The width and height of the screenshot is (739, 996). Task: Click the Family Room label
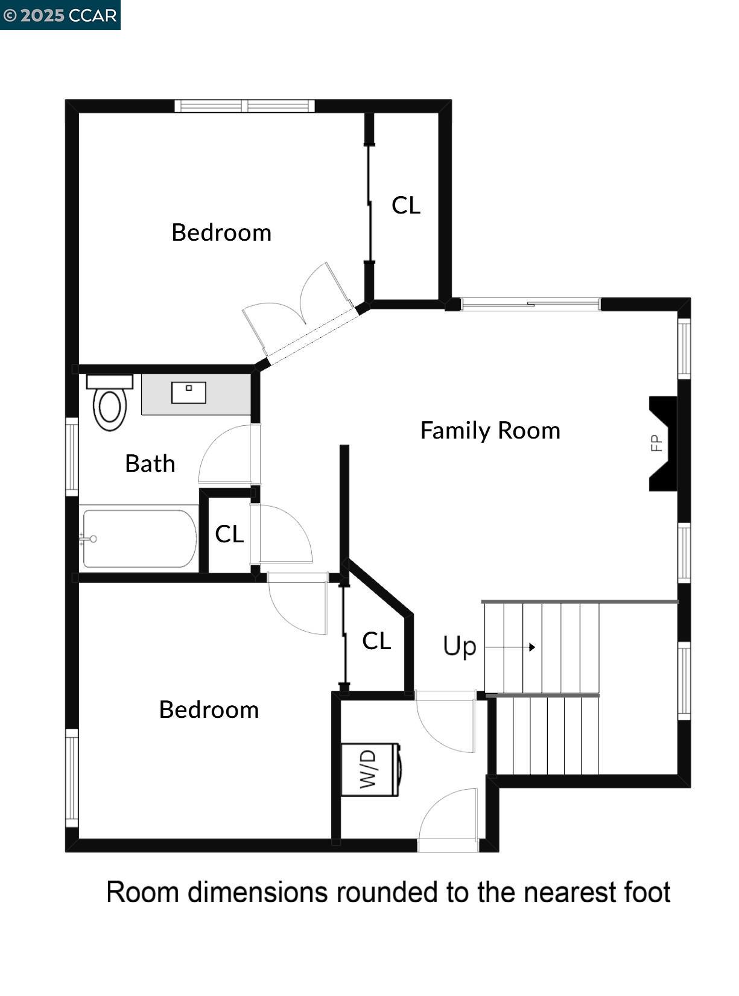pyautogui.click(x=490, y=431)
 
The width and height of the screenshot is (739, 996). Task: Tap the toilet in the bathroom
pyautogui.click(x=110, y=405)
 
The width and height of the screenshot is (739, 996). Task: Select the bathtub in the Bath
pyautogui.click(x=139, y=539)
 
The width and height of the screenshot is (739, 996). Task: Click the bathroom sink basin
pyautogui.click(x=189, y=392)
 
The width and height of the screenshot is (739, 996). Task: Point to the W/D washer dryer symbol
pyautogui.click(x=370, y=770)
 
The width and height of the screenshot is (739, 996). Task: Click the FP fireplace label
pyautogui.click(x=656, y=443)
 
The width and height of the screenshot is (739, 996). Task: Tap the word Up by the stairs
pyautogui.click(x=460, y=646)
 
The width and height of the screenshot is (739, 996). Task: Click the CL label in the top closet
pyautogui.click(x=405, y=206)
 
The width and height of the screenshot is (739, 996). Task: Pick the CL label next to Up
pyautogui.click(x=376, y=641)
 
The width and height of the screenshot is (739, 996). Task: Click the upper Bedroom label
pyautogui.click(x=221, y=233)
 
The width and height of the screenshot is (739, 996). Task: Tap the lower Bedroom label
pyautogui.click(x=209, y=710)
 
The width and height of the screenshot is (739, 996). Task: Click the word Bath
pyautogui.click(x=150, y=464)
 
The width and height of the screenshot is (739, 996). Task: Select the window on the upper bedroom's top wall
pyautogui.click(x=244, y=106)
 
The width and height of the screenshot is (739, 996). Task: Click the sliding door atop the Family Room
pyautogui.click(x=530, y=304)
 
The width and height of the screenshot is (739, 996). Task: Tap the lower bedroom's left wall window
pyautogui.click(x=72, y=778)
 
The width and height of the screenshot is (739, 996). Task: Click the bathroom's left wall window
pyautogui.click(x=72, y=456)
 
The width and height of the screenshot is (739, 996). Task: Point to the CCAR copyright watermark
pyautogui.click(x=60, y=15)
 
